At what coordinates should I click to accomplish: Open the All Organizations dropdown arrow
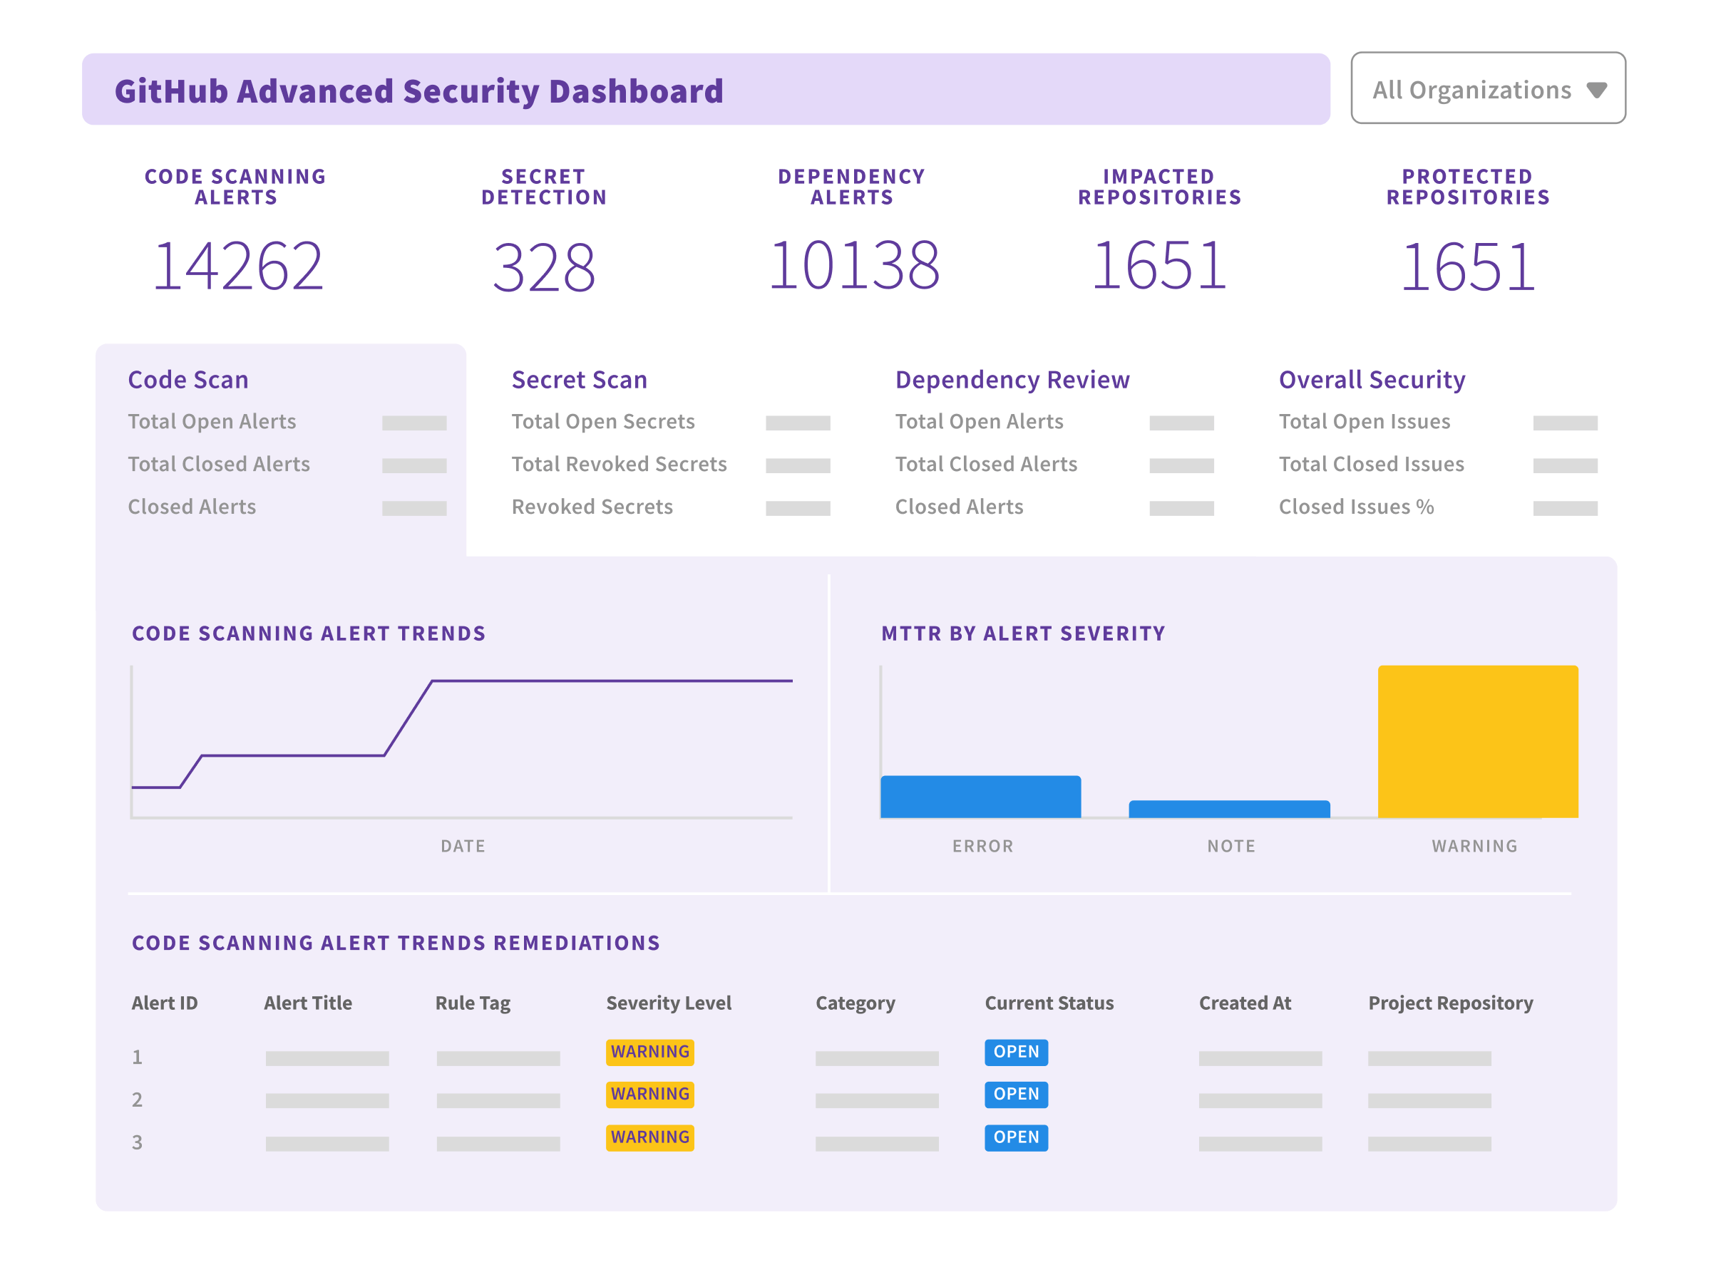(x=1596, y=91)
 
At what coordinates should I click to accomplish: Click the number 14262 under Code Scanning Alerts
(x=237, y=267)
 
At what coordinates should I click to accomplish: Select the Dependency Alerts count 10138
(x=853, y=266)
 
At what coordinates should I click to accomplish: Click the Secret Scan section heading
(x=579, y=380)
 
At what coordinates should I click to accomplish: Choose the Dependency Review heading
(x=1012, y=380)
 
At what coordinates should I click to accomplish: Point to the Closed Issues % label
(x=1356, y=507)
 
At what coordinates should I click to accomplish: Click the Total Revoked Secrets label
(x=619, y=465)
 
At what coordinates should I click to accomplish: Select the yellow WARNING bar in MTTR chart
(x=1476, y=741)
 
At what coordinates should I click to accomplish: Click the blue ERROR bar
(x=980, y=797)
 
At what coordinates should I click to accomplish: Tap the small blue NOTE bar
(x=1228, y=810)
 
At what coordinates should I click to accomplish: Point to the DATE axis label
(x=463, y=847)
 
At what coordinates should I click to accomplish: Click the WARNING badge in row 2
(x=649, y=1095)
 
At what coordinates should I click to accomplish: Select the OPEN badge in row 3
(x=1016, y=1138)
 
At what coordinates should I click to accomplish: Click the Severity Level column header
(x=668, y=1003)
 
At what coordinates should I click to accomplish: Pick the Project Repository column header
(x=1451, y=1003)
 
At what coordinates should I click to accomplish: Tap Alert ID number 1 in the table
(x=137, y=1058)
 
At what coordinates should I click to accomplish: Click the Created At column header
(x=1245, y=1003)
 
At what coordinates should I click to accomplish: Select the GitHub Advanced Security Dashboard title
(x=418, y=91)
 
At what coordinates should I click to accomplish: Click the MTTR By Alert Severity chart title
(x=1022, y=634)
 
